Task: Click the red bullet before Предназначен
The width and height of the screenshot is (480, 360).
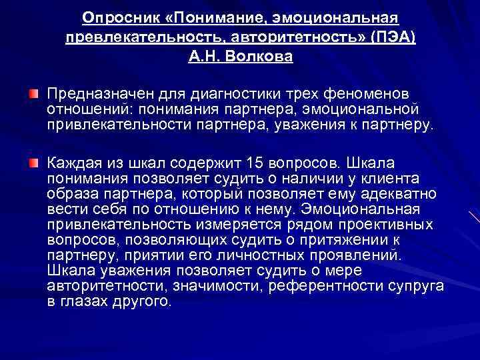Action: pos(33,91)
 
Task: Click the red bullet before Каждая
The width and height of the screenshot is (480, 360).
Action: pos(33,162)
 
